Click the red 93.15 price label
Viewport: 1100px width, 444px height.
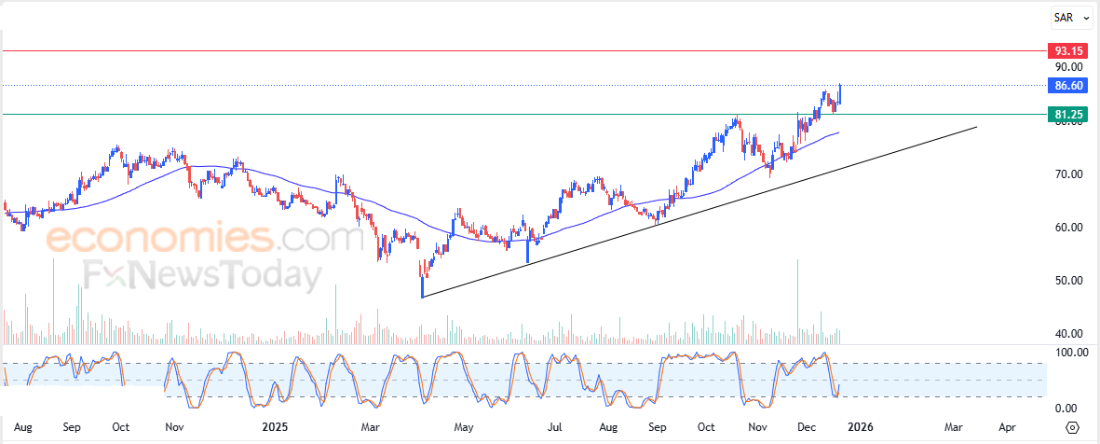tap(1066, 50)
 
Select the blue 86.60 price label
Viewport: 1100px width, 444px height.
tap(1066, 85)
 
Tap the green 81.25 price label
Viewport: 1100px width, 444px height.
tap(1066, 115)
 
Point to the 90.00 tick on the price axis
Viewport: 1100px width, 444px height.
tap(1068, 67)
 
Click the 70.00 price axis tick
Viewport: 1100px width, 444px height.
tap(1068, 174)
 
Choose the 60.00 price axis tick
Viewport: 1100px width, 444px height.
tap(1068, 228)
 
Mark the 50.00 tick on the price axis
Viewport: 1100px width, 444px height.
tap(1068, 281)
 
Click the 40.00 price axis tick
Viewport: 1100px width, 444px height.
tap(1068, 334)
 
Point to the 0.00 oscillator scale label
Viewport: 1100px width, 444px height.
tap(1066, 409)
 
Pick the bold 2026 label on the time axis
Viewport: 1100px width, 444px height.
tap(860, 427)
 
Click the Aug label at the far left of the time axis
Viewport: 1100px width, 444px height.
tap(24, 427)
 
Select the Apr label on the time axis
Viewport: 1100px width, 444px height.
tap(1007, 427)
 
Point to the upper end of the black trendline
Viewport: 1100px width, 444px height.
tap(976, 126)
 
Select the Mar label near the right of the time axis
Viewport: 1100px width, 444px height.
tap(953, 427)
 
